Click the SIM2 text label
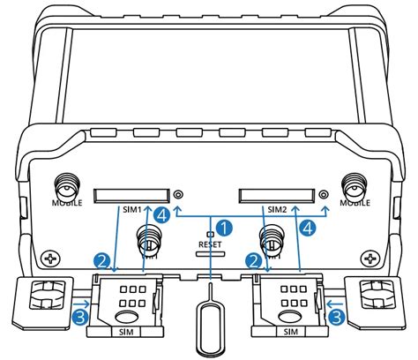[278, 210]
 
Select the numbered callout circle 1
[225, 228]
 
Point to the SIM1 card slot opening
[132, 192]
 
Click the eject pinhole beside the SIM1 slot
[179, 193]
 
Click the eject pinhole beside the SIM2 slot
[325, 193]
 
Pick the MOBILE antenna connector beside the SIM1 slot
[64, 187]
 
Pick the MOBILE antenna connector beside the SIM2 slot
[355, 187]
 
